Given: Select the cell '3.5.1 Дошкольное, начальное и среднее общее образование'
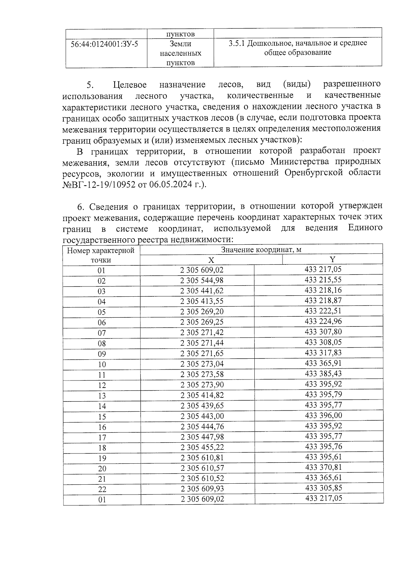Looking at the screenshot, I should (x=297, y=48).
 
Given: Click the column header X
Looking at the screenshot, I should (x=211, y=260).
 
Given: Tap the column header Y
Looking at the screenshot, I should (x=332, y=260).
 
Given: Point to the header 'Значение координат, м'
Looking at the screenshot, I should (x=261, y=250).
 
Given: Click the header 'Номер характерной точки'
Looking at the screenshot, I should (x=101, y=255).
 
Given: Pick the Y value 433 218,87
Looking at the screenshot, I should (x=323, y=300).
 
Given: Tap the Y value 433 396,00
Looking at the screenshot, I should (x=324, y=415).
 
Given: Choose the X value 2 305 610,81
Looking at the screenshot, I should (x=202, y=458).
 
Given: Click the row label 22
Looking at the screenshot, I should (x=102, y=489).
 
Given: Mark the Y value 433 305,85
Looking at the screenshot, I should (x=324, y=488).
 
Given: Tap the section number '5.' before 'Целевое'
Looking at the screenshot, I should (x=90, y=85).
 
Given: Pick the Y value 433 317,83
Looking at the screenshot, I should (x=323, y=353).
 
